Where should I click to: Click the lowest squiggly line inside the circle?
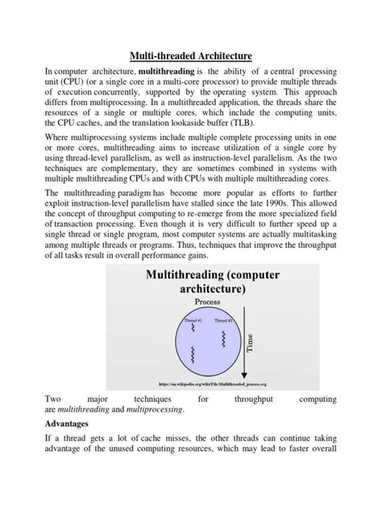191,353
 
